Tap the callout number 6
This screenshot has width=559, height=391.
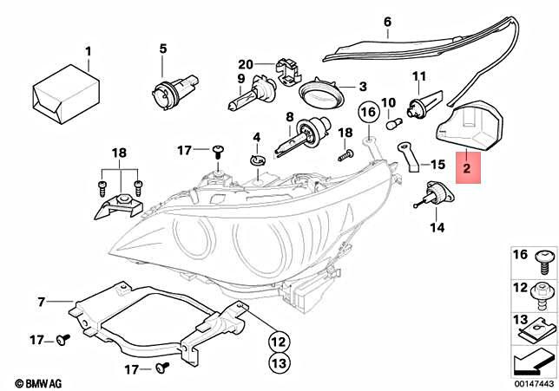click(x=387, y=22)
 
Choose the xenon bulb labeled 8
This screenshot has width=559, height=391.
click(x=297, y=137)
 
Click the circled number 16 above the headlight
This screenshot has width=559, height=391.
click(x=367, y=113)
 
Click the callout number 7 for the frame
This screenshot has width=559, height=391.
click(x=40, y=302)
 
